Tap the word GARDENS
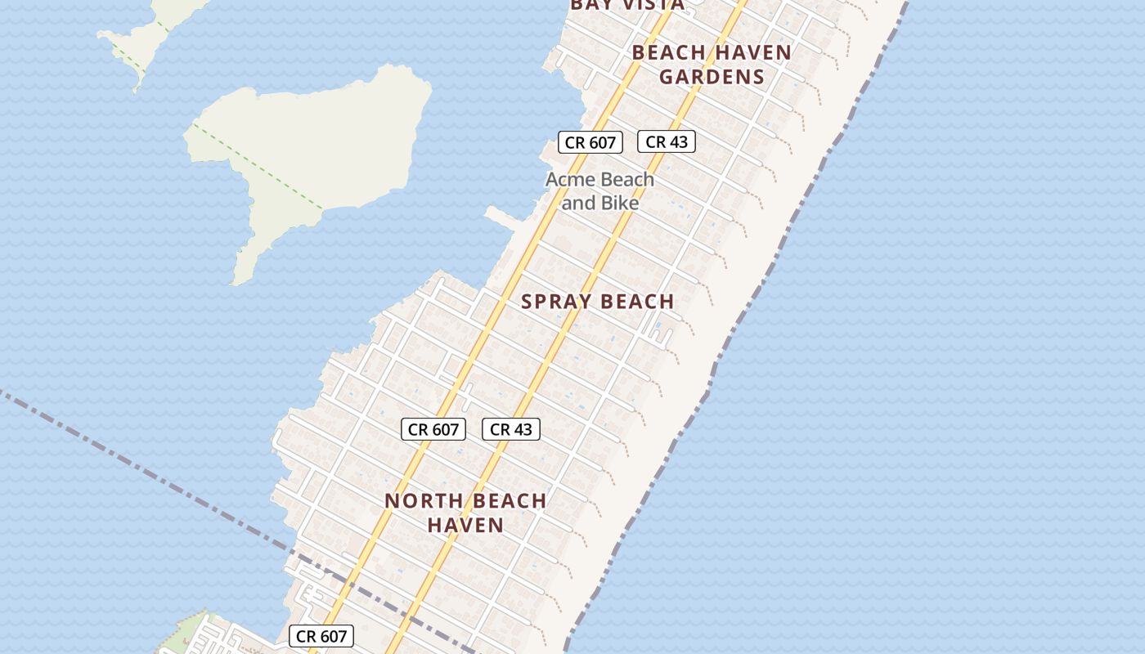[712, 77]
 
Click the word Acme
[572, 180]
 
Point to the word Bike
[621, 203]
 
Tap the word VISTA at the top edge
[651, 5]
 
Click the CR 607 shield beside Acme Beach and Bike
[590, 142]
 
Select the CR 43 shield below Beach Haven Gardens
[667, 141]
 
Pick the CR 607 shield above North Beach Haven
[433, 429]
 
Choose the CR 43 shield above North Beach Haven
[511, 429]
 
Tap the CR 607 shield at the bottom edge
[321, 636]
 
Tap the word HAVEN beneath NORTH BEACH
[465, 525]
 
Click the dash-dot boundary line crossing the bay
[147, 474]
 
